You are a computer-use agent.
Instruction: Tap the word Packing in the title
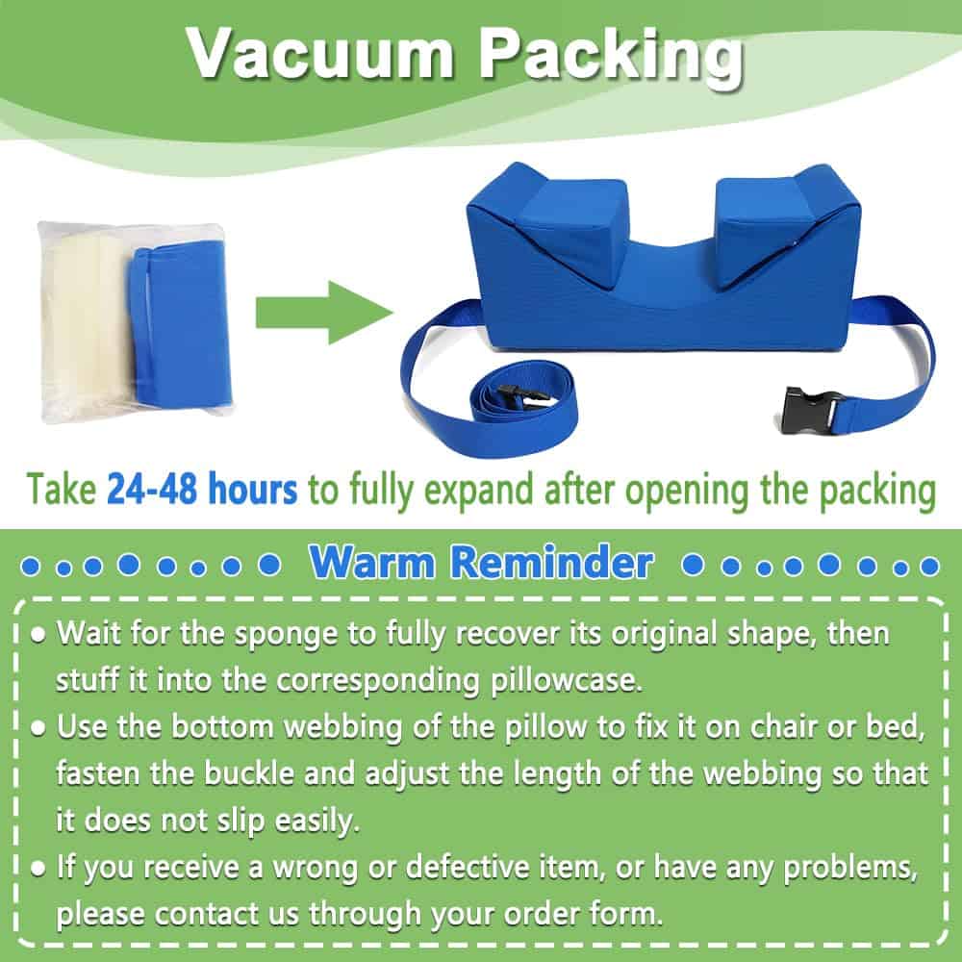[611, 58]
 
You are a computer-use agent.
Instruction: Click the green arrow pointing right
[324, 313]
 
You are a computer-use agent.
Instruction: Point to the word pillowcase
[567, 680]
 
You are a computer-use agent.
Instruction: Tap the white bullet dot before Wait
[38, 635]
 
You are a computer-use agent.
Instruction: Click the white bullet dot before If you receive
[38, 868]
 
